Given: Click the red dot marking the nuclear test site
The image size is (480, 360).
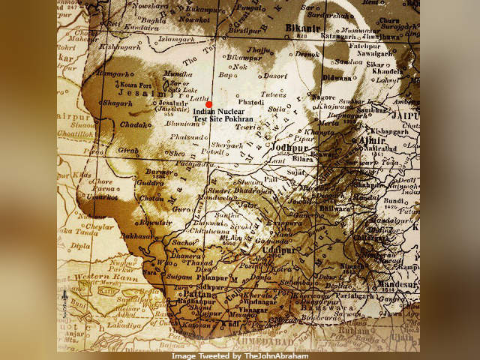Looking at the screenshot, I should pos(209,104).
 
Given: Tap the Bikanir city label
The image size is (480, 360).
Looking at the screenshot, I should pos(303,28).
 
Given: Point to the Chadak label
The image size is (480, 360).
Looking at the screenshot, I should pos(137,124).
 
